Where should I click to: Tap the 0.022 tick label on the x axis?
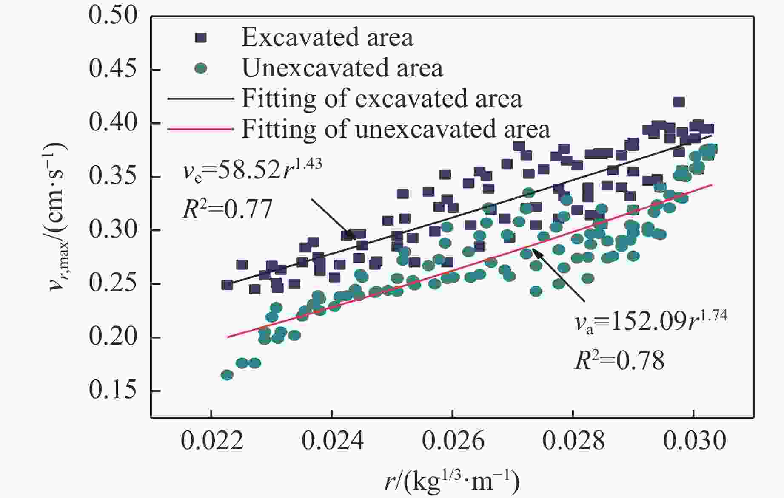coord(211,441)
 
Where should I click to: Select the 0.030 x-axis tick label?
coord(694,441)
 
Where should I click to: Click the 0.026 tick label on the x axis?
coord(453,441)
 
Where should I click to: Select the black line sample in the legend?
coord(200,99)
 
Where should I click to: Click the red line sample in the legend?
coord(200,129)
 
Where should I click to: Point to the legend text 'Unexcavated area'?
coord(342,68)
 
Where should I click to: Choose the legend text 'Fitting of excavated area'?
coord(382,99)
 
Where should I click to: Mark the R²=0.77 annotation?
coord(227,209)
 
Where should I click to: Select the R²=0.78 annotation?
coord(619,360)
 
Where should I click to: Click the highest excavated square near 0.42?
coord(679,102)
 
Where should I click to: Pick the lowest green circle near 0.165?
coord(227,375)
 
